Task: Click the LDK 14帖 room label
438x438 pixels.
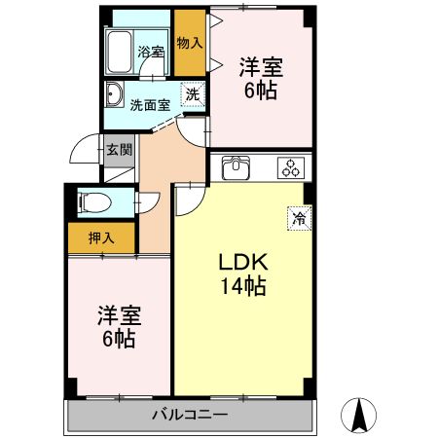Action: coord(241,274)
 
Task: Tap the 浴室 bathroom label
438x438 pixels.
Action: coord(149,52)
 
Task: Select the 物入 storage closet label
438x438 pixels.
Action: coord(190,43)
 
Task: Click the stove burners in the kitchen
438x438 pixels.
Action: coord(290,167)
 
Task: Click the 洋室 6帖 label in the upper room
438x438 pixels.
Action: coord(261,78)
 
